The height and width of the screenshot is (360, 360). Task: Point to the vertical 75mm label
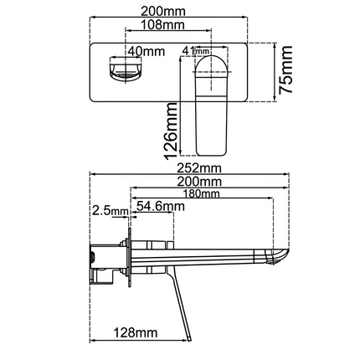click(x=287, y=70)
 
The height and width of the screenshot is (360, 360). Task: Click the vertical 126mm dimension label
click(x=171, y=129)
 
